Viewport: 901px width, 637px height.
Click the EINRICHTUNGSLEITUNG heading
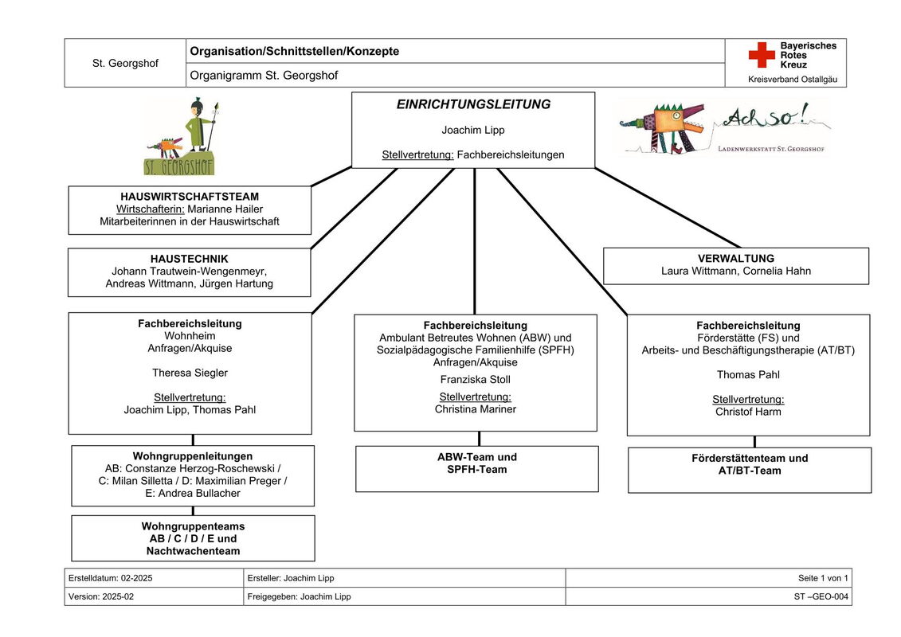473,104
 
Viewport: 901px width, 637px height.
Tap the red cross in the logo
761,55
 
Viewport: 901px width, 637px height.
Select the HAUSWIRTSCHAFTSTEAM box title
190,196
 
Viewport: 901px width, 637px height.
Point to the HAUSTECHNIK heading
190,259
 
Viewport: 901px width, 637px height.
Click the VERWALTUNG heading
736,259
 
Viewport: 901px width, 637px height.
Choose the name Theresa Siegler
190,373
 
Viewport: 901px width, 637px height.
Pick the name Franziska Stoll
475,380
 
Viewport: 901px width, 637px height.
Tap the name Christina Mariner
475,409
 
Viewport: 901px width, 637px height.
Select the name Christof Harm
748,412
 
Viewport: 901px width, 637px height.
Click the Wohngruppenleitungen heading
193,456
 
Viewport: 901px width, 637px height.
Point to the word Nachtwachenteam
193,551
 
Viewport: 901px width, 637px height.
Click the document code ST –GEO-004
821,596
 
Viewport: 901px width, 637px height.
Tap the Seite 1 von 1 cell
823,578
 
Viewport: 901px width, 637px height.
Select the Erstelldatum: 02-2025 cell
111,578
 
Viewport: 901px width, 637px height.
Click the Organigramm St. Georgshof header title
264,76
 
